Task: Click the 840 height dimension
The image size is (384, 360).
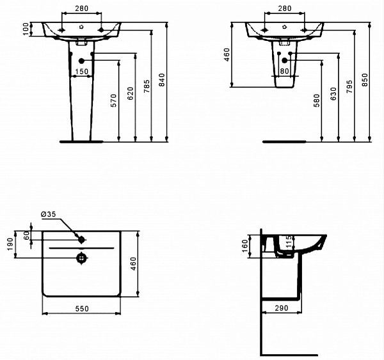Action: (162, 80)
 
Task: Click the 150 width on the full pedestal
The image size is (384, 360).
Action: (81, 72)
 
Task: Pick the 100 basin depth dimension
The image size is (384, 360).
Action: (25, 29)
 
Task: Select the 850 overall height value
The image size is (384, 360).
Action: (365, 80)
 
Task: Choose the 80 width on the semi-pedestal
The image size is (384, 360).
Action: (285, 72)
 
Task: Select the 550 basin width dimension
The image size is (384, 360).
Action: (81, 309)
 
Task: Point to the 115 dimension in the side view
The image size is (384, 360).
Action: (289, 241)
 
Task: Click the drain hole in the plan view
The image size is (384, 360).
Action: (81, 258)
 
